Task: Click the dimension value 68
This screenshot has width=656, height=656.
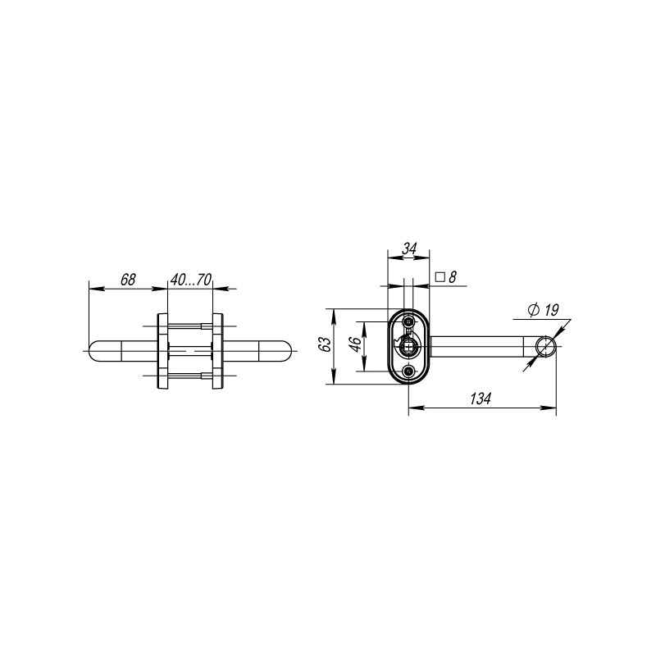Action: (128, 280)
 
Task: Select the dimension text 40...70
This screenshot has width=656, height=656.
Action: (190, 280)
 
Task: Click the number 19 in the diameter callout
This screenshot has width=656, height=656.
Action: (550, 310)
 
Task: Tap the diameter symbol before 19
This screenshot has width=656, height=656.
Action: (533, 310)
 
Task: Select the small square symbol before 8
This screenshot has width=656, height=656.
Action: (440, 278)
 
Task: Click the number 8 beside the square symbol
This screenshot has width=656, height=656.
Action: (452, 278)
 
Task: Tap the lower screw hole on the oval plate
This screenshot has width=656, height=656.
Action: (408, 373)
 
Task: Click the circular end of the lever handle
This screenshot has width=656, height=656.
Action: (544, 348)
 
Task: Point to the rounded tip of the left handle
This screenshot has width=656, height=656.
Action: (93, 350)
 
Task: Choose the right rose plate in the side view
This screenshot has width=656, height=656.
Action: (218, 350)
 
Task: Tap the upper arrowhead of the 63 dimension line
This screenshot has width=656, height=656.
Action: (333, 313)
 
